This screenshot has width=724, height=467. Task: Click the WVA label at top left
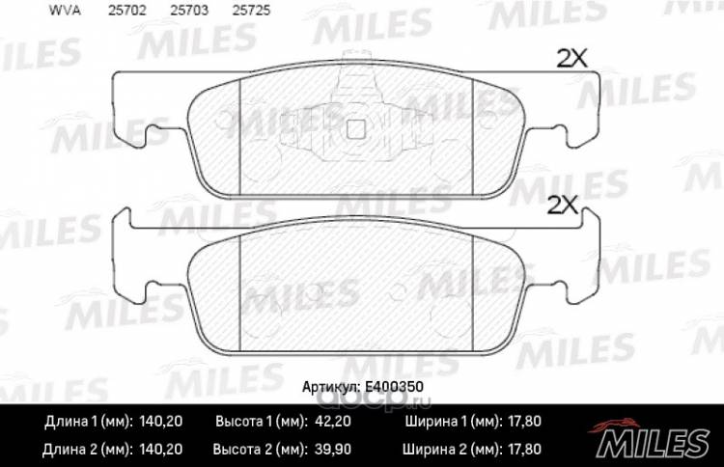(x=65, y=11)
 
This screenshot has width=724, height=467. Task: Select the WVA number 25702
(x=127, y=11)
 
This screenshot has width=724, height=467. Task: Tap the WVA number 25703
(x=189, y=11)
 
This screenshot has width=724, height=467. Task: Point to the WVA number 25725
(x=251, y=11)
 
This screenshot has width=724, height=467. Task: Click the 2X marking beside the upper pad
(x=571, y=59)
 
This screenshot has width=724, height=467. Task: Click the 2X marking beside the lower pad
(x=563, y=205)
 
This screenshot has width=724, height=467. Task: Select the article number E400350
(x=394, y=387)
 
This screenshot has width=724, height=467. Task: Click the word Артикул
(x=330, y=387)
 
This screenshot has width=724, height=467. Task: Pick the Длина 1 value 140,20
(x=160, y=422)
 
